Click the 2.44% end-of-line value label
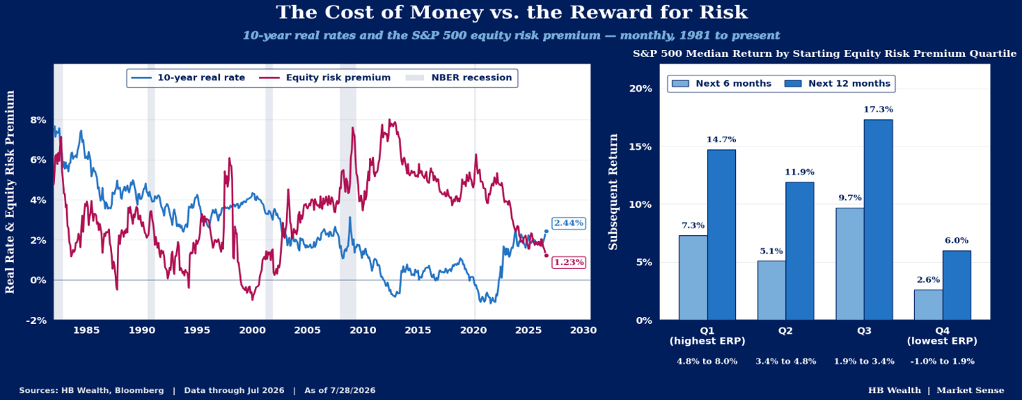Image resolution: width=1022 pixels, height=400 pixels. [568, 223]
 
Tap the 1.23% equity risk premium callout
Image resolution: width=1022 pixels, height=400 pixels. [568, 262]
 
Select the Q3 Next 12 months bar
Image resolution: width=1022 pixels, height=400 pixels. [878, 220]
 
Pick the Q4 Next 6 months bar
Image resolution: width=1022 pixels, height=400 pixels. [928, 305]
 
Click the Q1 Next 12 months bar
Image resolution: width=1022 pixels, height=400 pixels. [721, 235]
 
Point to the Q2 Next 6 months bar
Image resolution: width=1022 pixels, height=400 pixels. [771, 290]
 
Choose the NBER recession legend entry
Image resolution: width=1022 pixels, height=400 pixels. [459, 77]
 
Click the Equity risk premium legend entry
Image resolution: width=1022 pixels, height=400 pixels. [325, 77]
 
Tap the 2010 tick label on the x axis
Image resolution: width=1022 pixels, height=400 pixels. [363, 330]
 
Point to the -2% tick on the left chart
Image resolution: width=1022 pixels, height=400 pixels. [37, 320]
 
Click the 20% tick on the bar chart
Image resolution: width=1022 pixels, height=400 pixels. [640, 89]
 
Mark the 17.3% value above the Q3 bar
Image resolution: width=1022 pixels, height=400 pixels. [878, 109]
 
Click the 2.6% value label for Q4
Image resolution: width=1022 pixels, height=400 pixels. [928, 280]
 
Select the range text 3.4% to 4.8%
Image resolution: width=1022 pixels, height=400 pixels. [785, 361]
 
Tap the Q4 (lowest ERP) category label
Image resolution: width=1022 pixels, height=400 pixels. [942, 336]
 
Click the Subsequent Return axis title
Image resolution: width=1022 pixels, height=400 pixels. [613, 192]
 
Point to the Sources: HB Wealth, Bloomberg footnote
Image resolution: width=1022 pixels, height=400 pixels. [92, 390]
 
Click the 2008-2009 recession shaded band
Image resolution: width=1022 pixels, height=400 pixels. [348, 192]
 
